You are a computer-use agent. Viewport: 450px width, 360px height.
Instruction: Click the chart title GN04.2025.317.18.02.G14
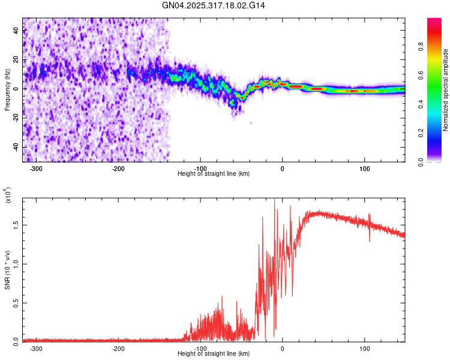point(214,5)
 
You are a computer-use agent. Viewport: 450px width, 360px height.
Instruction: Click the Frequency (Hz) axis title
point(7,89)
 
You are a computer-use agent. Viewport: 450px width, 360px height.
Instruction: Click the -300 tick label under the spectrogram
point(36,168)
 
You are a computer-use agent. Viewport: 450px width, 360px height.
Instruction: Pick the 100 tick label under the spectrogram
point(364,168)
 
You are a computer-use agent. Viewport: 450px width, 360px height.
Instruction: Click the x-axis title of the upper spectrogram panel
point(214,174)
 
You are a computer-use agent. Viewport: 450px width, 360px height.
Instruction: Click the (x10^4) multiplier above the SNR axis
point(7,195)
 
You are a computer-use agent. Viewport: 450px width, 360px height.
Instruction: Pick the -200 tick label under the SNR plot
point(118,348)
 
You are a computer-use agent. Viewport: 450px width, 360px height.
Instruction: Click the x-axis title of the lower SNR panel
point(214,354)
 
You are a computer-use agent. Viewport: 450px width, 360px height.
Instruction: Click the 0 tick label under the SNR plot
point(282,348)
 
